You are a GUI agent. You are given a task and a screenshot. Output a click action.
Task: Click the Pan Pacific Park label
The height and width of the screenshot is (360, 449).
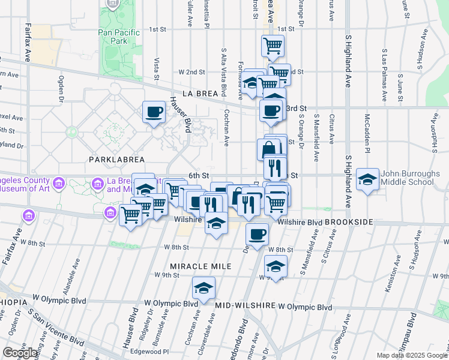point(114,35)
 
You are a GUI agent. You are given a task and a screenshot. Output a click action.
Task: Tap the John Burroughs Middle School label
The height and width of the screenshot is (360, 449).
point(408,178)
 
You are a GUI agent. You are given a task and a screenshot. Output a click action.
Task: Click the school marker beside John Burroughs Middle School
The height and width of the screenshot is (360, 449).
point(367,179)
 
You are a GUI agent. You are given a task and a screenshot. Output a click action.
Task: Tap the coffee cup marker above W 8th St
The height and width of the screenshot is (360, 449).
point(257,235)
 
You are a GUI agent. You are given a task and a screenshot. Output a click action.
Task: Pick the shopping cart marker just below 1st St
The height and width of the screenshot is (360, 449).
point(273,46)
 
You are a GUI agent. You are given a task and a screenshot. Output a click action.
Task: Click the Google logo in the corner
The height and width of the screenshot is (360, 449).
point(20,353)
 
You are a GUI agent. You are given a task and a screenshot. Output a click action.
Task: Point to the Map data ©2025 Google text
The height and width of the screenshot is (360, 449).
point(411,355)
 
